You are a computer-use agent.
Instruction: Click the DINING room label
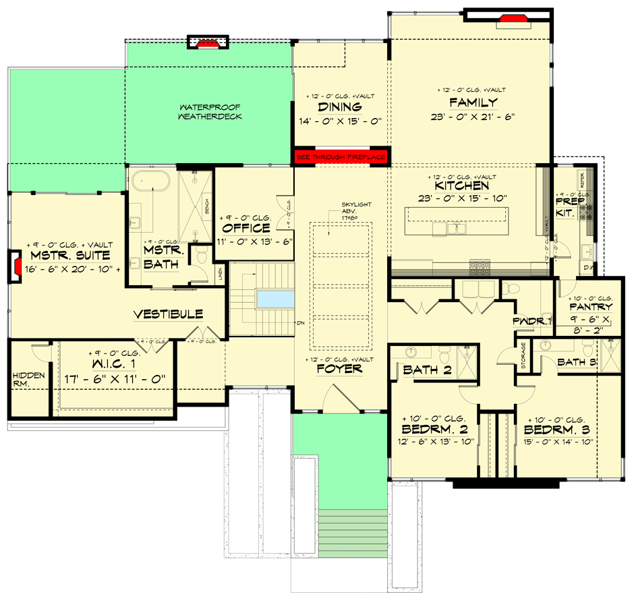tap(340, 107)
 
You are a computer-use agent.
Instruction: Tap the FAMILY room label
tap(473, 103)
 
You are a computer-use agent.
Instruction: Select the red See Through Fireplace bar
tap(341, 156)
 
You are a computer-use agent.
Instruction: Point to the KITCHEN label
tap(462, 185)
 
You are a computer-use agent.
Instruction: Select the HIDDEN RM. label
tap(28, 380)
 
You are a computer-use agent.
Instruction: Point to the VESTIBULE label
tap(168, 315)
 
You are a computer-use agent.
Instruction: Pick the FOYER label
tap(339, 369)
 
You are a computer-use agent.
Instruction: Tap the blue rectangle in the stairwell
tap(275, 297)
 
